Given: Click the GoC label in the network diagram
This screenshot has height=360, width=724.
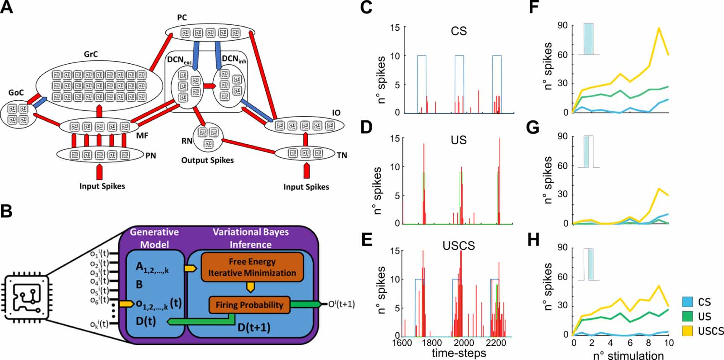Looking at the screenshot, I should [x=16, y=93].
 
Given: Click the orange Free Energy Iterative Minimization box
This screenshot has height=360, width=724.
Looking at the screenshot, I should [x=252, y=267].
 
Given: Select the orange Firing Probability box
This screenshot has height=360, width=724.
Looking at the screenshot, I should [x=249, y=305].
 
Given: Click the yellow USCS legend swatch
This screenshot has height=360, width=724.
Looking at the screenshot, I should [x=687, y=331].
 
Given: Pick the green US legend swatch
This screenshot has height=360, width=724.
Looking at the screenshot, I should [x=687, y=316].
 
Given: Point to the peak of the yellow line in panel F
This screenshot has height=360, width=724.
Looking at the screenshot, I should [x=659, y=28].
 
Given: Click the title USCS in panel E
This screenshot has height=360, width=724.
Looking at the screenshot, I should [x=459, y=245].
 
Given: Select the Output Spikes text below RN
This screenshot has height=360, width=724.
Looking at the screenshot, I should [x=207, y=160].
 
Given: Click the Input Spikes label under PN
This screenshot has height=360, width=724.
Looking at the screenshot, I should [x=102, y=186].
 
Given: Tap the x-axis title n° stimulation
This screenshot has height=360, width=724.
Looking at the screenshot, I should [x=628, y=355].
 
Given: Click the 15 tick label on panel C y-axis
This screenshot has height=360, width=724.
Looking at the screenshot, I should [x=395, y=28].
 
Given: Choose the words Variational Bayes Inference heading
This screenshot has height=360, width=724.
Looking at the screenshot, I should [x=251, y=238].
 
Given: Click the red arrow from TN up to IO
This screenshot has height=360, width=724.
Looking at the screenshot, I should [x=306, y=139].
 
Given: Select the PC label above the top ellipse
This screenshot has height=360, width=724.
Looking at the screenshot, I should [x=182, y=18].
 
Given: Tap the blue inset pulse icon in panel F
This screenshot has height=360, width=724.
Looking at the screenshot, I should [x=588, y=39].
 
